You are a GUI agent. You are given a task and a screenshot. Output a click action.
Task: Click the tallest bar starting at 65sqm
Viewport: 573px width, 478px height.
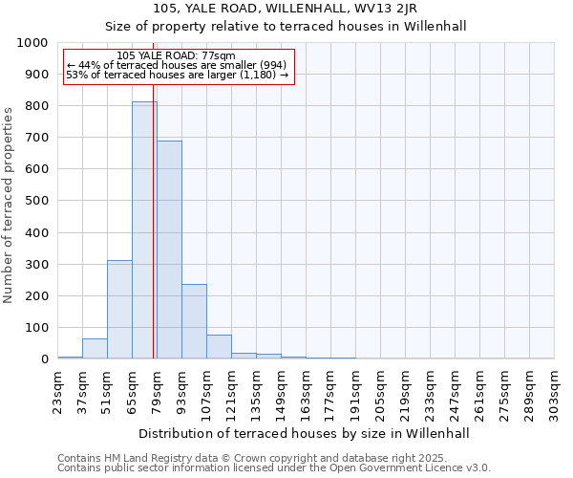tap(144, 229)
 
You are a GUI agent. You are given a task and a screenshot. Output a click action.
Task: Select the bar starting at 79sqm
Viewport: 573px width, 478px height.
tap(169, 250)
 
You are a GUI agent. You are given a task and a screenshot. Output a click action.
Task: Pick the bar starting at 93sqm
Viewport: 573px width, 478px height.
tap(194, 321)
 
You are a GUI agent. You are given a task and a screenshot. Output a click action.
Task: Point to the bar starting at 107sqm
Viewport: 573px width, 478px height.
tap(219, 347)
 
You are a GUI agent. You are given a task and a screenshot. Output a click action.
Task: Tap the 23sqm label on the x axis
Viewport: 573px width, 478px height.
tap(58, 392)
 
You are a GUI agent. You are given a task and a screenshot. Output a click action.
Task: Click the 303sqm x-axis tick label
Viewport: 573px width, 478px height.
tap(555, 392)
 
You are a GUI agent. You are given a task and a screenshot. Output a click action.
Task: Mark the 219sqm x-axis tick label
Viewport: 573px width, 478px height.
tap(406, 392)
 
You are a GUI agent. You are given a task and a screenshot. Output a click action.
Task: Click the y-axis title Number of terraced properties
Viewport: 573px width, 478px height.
tap(9, 205)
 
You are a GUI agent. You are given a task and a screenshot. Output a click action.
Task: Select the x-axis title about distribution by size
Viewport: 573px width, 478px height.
tap(305, 433)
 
